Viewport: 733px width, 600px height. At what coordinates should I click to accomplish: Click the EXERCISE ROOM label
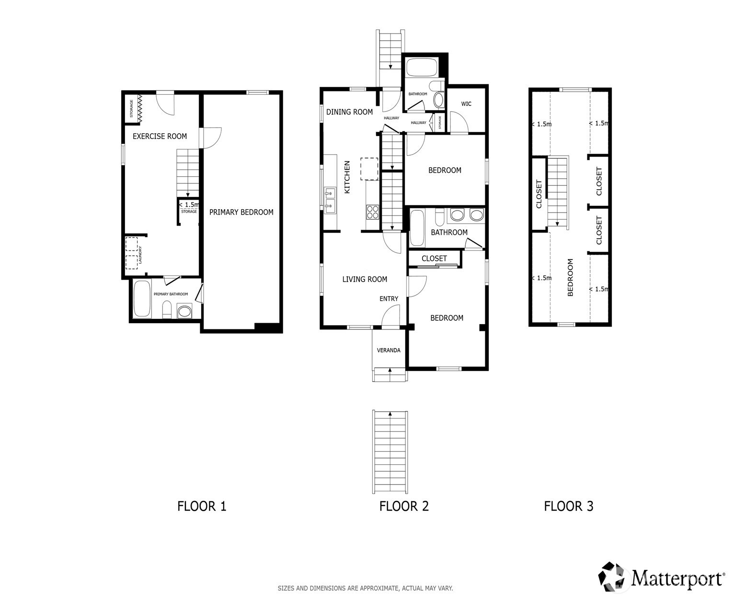pyautogui.click(x=160, y=136)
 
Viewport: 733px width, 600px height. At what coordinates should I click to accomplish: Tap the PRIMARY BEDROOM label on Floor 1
pyautogui.click(x=241, y=212)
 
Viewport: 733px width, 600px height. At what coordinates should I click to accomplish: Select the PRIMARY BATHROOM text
pyautogui.click(x=171, y=294)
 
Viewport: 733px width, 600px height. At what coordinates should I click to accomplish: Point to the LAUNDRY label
pyautogui.click(x=140, y=255)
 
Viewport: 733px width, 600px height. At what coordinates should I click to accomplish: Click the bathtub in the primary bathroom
pyautogui.click(x=142, y=298)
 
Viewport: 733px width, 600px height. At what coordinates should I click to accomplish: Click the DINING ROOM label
pyautogui.click(x=349, y=112)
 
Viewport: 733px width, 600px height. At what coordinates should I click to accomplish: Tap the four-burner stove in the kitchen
pyautogui.click(x=372, y=212)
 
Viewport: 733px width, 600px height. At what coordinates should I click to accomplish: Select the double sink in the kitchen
pyautogui.click(x=330, y=201)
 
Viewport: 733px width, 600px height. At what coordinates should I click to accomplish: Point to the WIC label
pyautogui.click(x=466, y=103)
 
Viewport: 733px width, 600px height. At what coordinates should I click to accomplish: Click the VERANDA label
pyautogui.click(x=389, y=350)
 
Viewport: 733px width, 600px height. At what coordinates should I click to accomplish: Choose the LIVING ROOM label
pyautogui.click(x=365, y=279)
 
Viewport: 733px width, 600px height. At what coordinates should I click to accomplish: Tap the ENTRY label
pyautogui.click(x=389, y=298)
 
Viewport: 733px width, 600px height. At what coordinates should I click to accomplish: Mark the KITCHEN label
pyautogui.click(x=347, y=177)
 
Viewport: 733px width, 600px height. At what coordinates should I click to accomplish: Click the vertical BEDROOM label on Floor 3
pyautogui.click(x=570, y=277)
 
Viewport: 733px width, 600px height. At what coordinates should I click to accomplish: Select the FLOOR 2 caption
pyautogui.click(x=404, y=506)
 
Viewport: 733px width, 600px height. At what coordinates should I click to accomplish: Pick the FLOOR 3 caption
pyautogui.click(x=569, y=506)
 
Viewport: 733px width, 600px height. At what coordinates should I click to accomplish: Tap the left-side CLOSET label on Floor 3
pyautogui.click(x=539, y=194)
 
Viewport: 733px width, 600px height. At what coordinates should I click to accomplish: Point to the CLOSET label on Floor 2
pyautogui.click(x=434, y=259)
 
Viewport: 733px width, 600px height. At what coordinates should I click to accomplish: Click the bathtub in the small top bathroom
pyautogui.click(x=422, y=68)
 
